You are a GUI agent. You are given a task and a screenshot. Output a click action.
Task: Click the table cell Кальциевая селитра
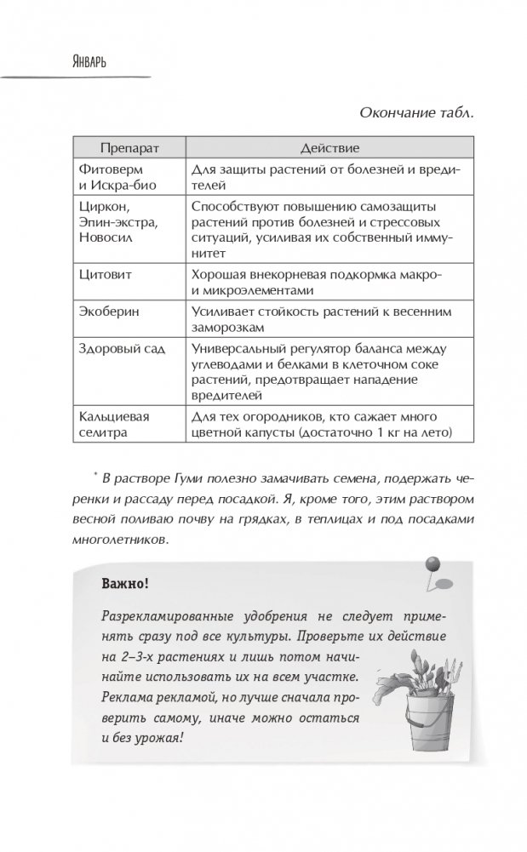coord(107,425)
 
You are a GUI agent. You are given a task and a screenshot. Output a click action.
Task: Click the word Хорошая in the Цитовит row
coord(217,276)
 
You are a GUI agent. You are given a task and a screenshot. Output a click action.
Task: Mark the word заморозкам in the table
coord(229,327)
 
